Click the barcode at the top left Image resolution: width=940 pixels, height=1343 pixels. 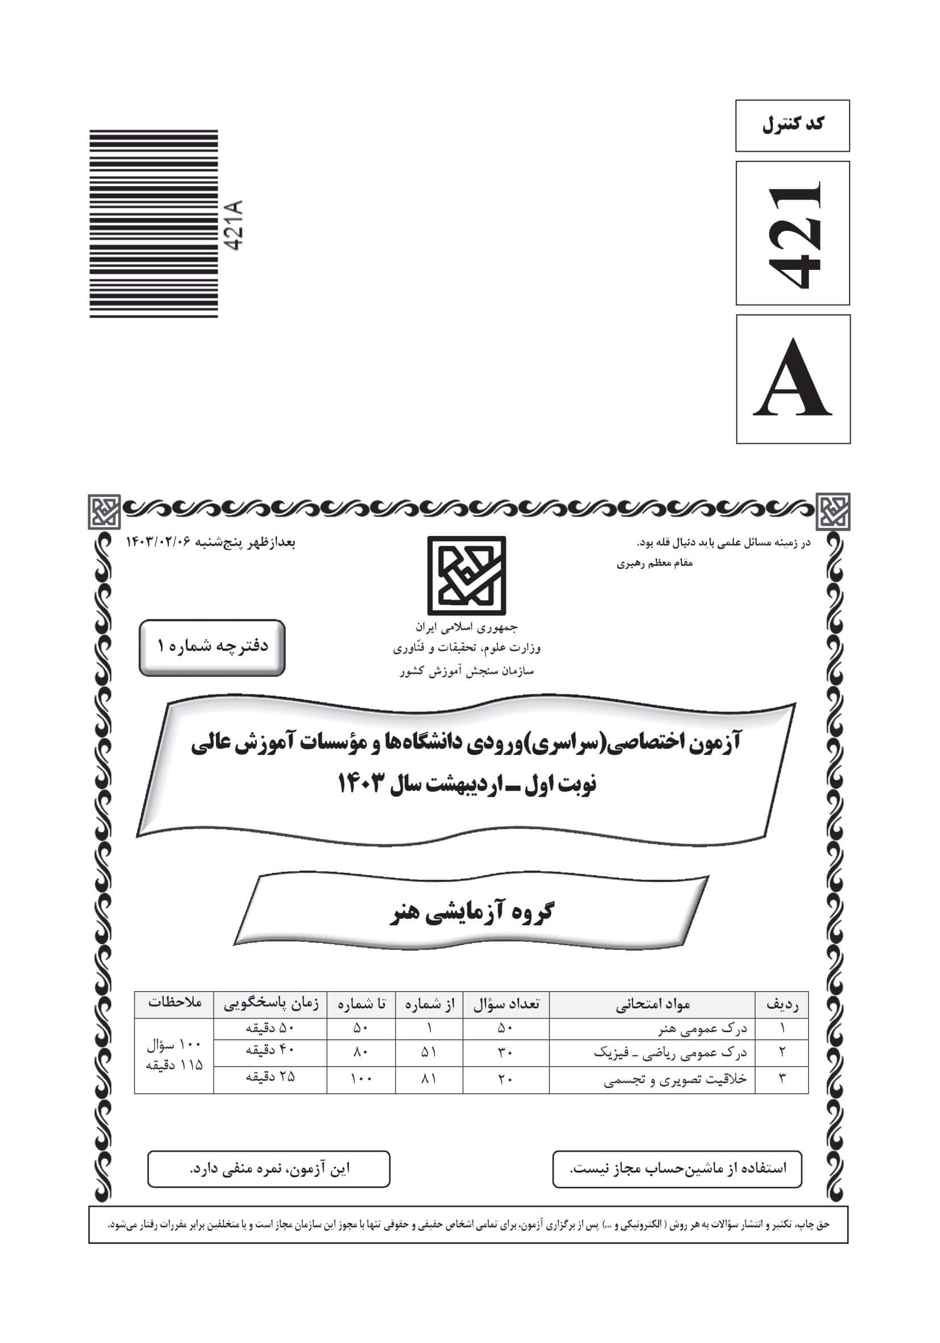pyautogui.click(x=153, y=223)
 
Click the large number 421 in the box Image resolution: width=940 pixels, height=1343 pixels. pyautogui.click(x=792, y=234)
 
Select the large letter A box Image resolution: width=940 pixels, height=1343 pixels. pyautogui.click(x=793, y=379)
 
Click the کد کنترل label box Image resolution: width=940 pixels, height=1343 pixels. pyautogui.click(x=792, y=125)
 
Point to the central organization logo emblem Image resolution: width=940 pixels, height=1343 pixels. pyautogui.click(x=466, y=575)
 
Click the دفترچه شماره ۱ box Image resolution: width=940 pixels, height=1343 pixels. pyautogui.click(x=212, y=647)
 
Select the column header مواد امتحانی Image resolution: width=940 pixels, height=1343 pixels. pyautogui.click(x=652, y=1004)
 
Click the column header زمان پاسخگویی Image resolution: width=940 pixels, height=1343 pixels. pyautogui.click(x=271, y=1004)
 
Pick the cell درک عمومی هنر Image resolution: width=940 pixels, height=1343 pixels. pyautogui.click(x=702, y=1028)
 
